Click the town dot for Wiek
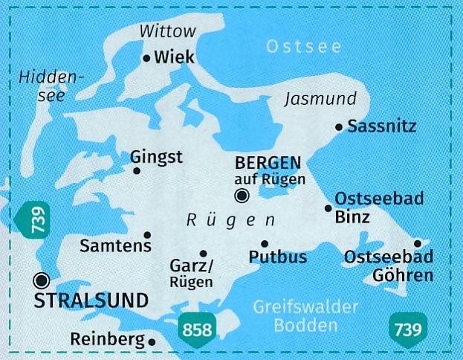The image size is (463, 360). coord(146,58)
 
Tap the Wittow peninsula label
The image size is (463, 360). coord(167,30)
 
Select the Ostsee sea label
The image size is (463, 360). coord(303,48)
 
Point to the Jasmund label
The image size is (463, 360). coord(321,99)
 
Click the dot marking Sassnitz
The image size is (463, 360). coord(339,128)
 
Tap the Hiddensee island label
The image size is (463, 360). coord(43,85)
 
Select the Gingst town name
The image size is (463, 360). coord(156,157)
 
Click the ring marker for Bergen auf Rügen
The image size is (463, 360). coord(241,196)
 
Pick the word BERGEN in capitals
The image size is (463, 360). coord(268,163)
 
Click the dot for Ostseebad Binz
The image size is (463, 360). coord(328,208)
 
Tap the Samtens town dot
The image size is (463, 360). coord(147,234)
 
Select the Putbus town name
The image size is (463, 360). coord(279,257)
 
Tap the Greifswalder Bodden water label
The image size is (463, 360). coord(305,316)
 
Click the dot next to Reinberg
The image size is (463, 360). coord(152,342)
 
